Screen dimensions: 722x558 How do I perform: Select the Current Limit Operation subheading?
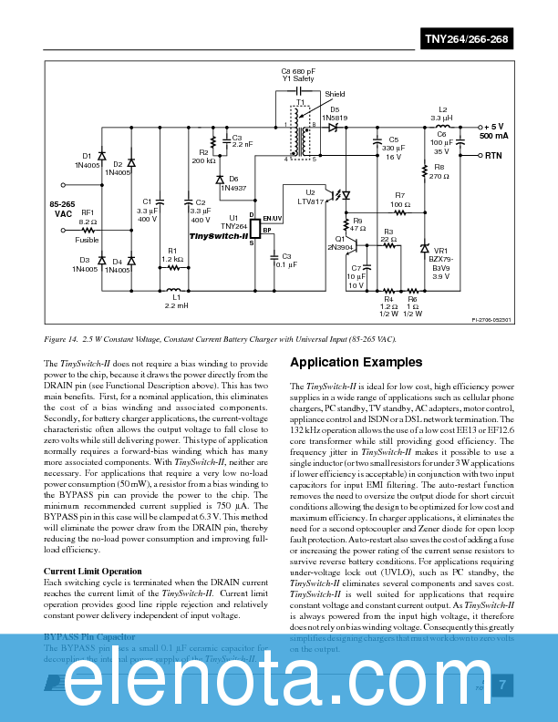[x=93, y=572]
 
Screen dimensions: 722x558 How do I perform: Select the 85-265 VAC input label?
[x=63, y=208]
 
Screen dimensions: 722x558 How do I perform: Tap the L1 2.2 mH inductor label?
[x=177, y=302]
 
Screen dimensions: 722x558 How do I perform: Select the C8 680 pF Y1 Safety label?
[x=297, y=75]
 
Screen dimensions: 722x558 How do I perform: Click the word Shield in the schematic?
[x=335, y=94]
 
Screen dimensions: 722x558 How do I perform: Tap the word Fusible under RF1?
[x=87, y=240]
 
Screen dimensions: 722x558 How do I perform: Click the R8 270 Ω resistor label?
[x=439, y=172]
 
